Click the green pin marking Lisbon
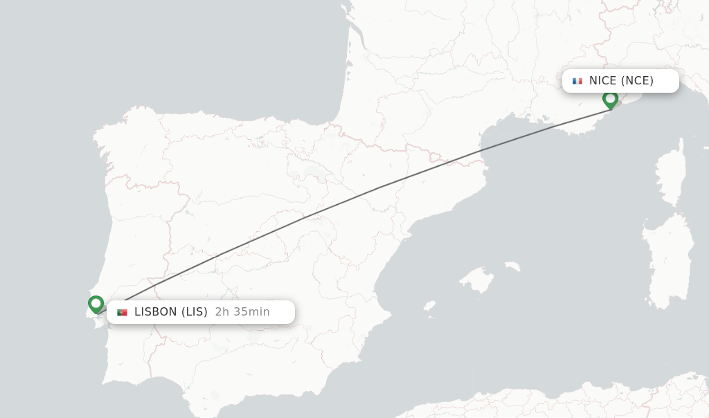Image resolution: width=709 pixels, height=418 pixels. tap(96, 304)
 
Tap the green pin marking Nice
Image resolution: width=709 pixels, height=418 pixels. tap(610, 99)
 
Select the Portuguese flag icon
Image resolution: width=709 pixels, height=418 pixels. tap(123, 312)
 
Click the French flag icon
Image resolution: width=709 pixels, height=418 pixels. tap(577, 81)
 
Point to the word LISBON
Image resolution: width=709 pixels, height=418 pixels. tap(156, 312)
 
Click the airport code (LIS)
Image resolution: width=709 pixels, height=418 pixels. tap(195, 312)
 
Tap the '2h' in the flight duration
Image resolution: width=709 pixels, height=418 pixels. tap(222, 312)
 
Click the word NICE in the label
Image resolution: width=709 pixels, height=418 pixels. tap(603, 81)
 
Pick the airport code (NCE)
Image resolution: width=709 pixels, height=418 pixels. tap(637, 81)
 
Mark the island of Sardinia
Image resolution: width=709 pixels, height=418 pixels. tap(668, 260)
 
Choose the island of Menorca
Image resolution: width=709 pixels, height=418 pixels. tap(512, 266)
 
